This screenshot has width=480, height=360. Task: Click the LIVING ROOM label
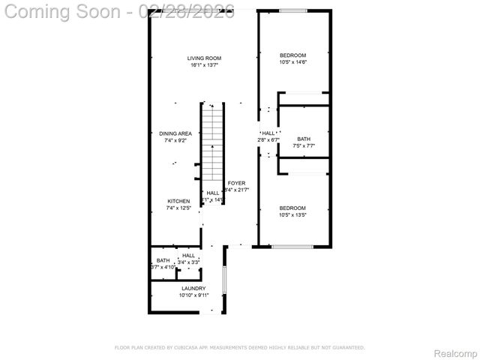[204, 58]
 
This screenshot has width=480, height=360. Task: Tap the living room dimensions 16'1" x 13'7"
[204, 65]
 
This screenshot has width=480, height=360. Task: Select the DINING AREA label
[175, 133]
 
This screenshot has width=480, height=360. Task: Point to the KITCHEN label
[178, 201]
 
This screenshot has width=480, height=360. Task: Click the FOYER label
[236, 183]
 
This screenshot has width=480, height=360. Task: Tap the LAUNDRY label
[193, 288]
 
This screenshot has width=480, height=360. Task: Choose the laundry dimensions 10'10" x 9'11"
[193, 295]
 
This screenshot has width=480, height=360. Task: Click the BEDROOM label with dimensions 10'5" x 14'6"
[292, 55]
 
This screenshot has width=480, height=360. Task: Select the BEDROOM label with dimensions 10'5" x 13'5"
[292, 208]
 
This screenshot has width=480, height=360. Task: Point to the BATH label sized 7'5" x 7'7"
[303, 139]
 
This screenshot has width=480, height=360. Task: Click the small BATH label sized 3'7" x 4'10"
[163, 260]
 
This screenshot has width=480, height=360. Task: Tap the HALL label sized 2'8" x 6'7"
[268, 133]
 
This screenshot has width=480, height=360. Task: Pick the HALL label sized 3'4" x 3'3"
[188, 256]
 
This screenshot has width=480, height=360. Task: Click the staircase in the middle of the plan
[213, 150]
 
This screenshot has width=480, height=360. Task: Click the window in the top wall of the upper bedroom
[293, 10]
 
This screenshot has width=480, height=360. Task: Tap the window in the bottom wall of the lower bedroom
[292, 247]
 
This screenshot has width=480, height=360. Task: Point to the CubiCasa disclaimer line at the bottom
[239, 347]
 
